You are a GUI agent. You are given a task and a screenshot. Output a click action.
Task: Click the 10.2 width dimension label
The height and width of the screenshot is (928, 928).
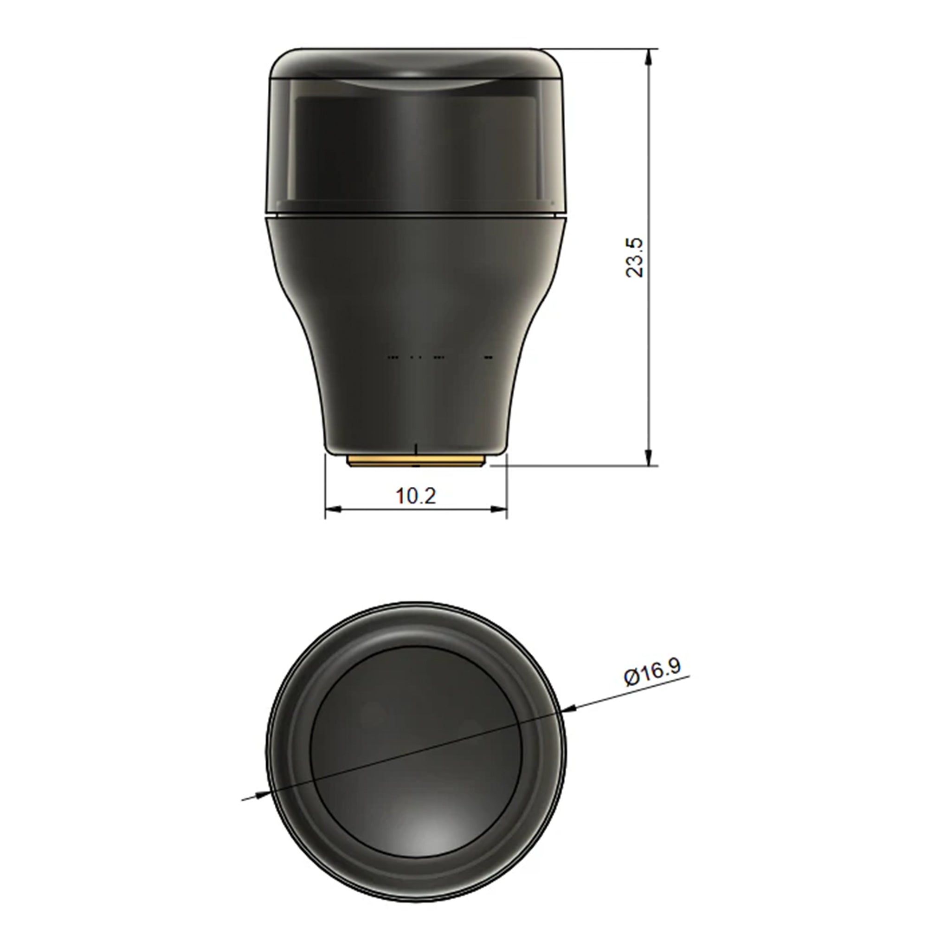click(416, 495)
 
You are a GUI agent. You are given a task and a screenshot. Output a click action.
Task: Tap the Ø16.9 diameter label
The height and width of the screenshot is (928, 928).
click(652, 673)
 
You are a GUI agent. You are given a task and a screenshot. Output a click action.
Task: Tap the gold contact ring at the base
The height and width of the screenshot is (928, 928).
click(416, 462)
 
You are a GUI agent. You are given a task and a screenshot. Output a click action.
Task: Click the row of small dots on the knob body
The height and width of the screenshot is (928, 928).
click(440, 357)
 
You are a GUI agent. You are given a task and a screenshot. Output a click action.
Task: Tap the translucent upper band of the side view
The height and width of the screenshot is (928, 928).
click(416, 144)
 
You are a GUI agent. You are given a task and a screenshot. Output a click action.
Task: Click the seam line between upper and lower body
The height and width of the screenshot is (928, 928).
click(416, 215)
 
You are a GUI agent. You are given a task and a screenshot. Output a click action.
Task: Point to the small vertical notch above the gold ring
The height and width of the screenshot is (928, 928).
click(416, 448)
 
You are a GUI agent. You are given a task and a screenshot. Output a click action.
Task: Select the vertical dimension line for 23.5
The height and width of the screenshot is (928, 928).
click(649, 336)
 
